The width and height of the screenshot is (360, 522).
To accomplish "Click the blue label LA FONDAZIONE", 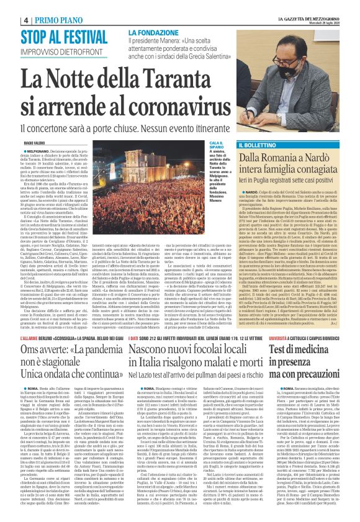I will pos(152,32).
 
